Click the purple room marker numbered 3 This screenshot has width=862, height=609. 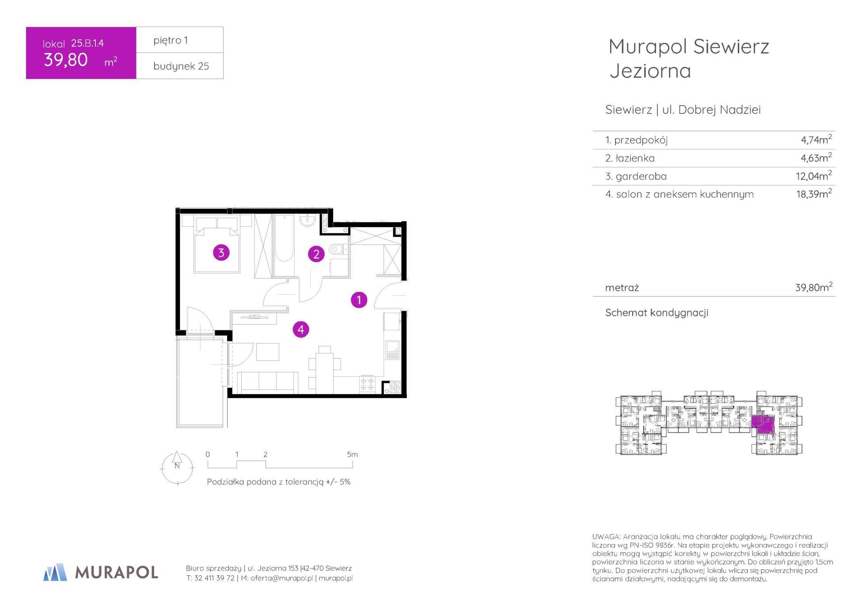click(221, 253)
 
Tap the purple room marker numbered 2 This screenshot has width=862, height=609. click(316, 254)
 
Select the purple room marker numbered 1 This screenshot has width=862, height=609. click(359, 300)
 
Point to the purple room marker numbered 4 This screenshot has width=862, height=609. click(301, 329)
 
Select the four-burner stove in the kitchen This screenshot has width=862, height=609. click(368, 384)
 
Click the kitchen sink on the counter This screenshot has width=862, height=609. click(392, 350)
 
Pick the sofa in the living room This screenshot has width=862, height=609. click(267, 382)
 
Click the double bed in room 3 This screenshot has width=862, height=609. click(217, 244)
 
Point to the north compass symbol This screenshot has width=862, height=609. click(177, 468)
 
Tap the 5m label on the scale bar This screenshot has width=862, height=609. click(352, 454)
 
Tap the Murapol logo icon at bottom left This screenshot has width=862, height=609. click(55, 572)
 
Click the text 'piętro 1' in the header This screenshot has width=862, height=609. click(171, 40)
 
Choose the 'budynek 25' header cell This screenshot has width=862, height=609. click(180, 66)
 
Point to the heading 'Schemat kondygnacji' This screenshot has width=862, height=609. click(657, 313)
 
